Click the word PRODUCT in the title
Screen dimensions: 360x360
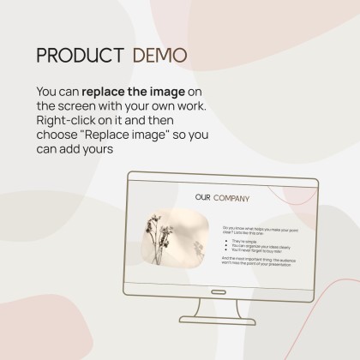78,55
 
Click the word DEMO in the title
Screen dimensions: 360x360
159,55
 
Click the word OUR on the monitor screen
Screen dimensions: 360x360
202,199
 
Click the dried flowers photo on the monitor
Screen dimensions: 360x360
174,243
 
